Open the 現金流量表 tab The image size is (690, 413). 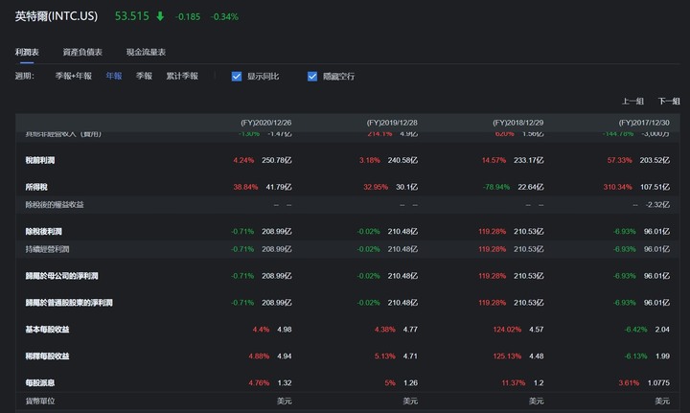[146, 52]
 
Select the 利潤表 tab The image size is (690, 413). [28, 52]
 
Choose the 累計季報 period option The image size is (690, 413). [182, 76]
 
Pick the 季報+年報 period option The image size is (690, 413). [74, 76]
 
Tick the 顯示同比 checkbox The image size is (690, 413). [237, 76]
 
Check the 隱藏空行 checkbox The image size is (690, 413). [312, 76]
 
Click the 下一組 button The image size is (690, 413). [668, 101]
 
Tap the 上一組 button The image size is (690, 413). [632, 101]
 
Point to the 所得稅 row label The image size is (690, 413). [36, 186]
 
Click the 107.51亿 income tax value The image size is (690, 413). [654, 186]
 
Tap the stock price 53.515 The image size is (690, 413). [131, 16]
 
